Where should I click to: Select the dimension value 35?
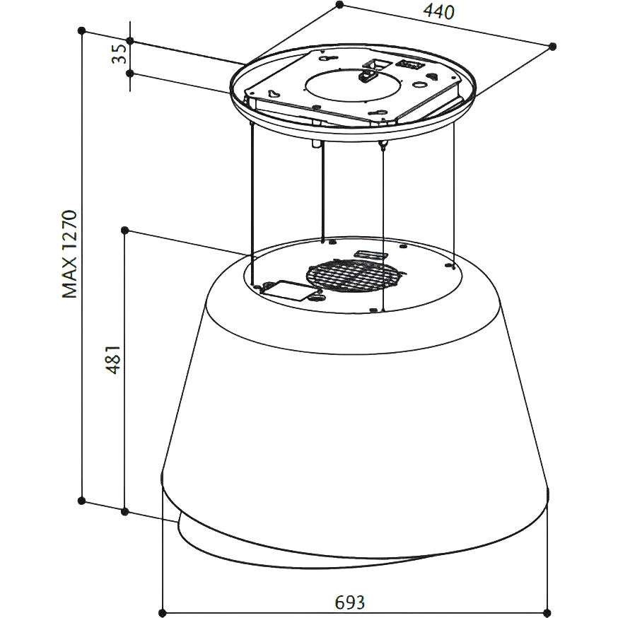tap(119, 54)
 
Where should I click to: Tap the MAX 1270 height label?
tap(70, 255)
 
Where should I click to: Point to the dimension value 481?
tap(112, 359)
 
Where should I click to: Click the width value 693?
tap(349, 602)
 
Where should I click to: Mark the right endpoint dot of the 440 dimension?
tap(552, 46)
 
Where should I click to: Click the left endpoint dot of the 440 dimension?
tap(340, 4)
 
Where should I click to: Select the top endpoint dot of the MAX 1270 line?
tap(81, 30)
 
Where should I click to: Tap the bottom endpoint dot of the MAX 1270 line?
tap(81, 501)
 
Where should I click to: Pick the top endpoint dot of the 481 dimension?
tap(124, 230)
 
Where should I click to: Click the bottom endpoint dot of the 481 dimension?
tap(124, 512)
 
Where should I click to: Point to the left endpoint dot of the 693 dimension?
tap(163, 613)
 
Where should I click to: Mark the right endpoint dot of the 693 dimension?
tap(547, 613)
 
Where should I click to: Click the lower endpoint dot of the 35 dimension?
tap(130, 73)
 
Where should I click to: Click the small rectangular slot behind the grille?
tap(369, 255)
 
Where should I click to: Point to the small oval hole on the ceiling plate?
tap(419, 85)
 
